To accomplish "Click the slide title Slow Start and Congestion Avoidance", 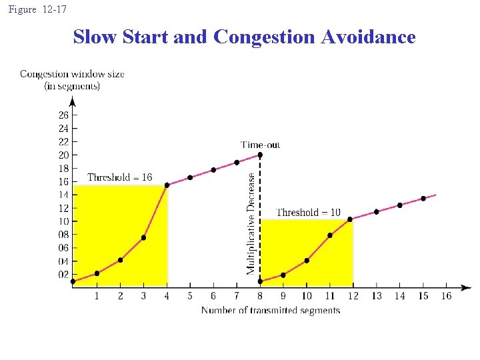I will [x=244, y=37].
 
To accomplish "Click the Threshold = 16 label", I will [x=120, y=177].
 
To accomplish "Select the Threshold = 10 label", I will [x=308, y=212].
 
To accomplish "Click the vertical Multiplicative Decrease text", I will [x=251, y=223].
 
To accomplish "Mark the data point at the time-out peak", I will [x=260, y=155].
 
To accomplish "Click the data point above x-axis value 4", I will [x=167, y=185].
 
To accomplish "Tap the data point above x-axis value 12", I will [x=350, y=219].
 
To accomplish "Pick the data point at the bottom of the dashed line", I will [x=260, y=281].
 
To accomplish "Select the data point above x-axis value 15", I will [x=423, y=199].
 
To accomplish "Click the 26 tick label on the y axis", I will [x=63, y=115].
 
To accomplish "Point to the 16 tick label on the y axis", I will [x=63, y=181].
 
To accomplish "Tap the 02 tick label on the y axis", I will [x=63, y=274].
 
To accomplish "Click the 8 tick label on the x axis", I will [x=260, y=296].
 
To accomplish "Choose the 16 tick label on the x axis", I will [x=446, y=296].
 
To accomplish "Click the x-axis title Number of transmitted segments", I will [x=271, y=310].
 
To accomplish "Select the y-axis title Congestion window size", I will [x=72, y=74].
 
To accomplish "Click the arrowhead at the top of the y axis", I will [x=73, y=101].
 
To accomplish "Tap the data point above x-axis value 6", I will [x=213, y=170].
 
